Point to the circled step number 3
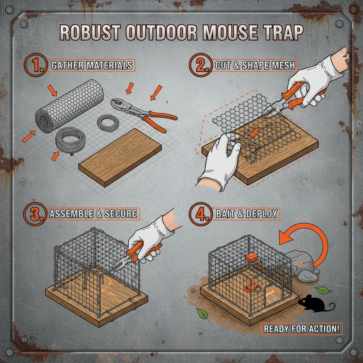pos(35,214)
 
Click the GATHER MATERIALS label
pos(92,65)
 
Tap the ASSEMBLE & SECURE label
pos(93,214)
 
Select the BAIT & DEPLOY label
pos(246,214)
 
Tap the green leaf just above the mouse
pos(323,290)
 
